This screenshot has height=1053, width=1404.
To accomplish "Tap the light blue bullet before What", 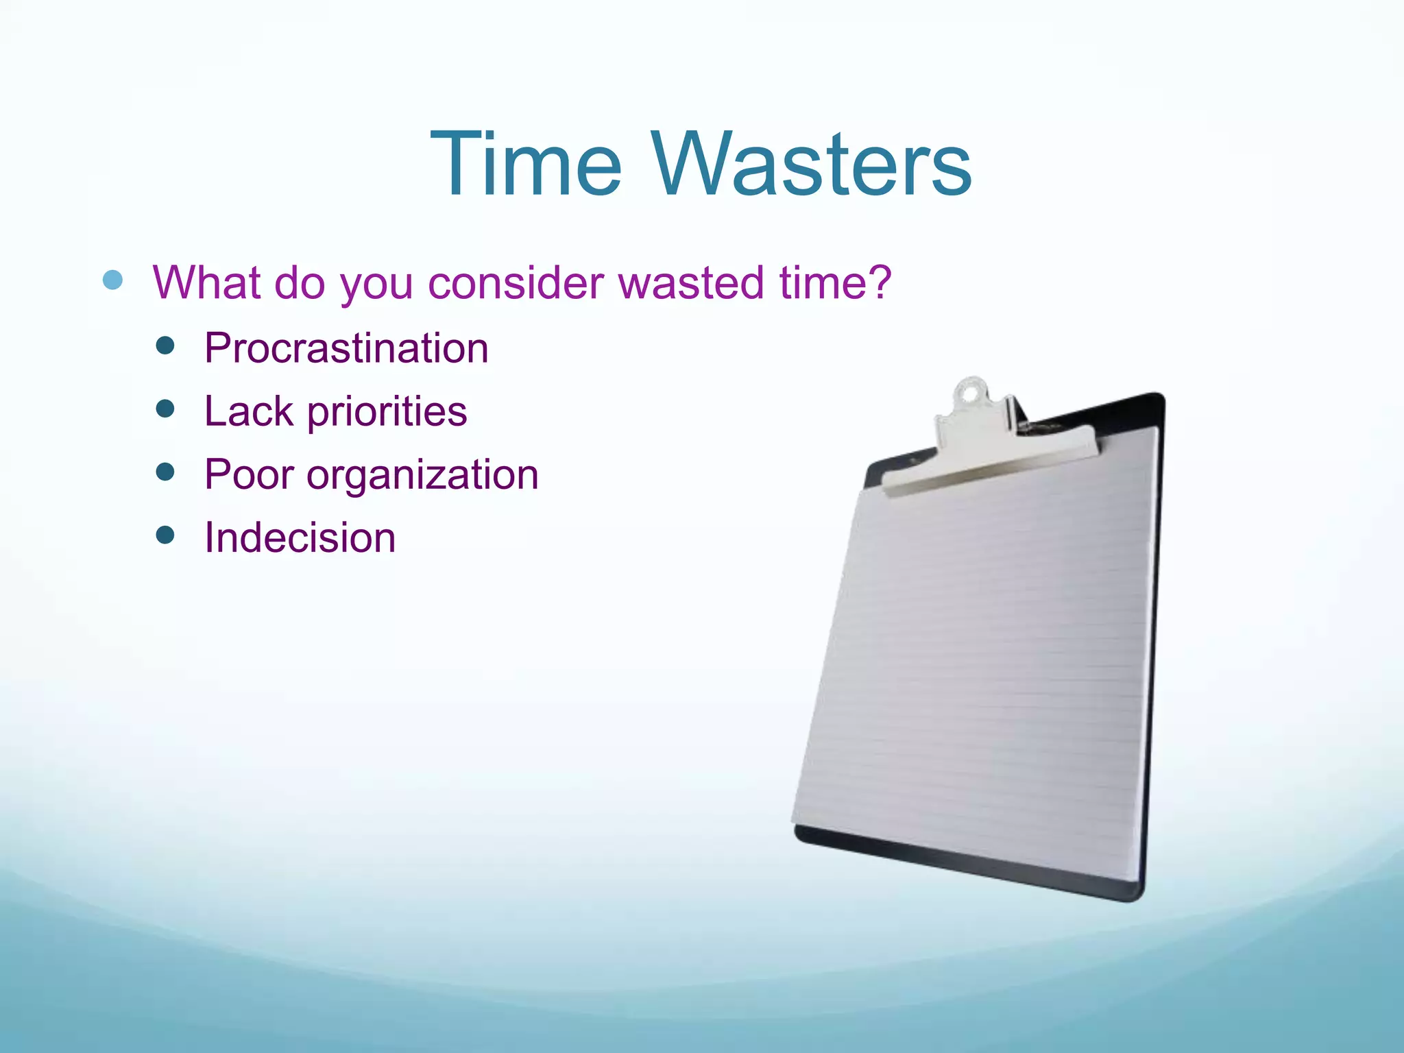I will (112, 280).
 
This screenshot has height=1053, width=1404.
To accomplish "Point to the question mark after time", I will (880, 281).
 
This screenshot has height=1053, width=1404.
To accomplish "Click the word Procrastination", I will (346, 348).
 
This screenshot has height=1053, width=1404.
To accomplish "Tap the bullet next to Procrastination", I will (165, 346).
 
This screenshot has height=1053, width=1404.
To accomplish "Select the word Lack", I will (249, 411).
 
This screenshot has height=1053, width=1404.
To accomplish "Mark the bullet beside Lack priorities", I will (165, 409).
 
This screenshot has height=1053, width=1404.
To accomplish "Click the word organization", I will (422, 476).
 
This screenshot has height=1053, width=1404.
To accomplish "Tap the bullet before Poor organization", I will (165, 472).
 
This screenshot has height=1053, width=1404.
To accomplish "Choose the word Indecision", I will (300, 537).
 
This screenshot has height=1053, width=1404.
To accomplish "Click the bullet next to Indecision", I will (165, 535).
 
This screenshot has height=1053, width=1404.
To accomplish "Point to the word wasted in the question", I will (692, 282).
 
